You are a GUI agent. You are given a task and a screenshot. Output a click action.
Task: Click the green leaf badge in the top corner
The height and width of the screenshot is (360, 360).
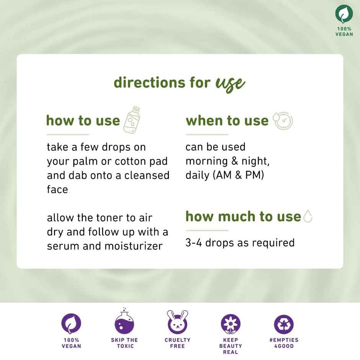(x=344, y=14)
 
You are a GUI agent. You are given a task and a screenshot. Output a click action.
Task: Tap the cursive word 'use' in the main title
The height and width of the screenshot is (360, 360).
(x=230, y=84)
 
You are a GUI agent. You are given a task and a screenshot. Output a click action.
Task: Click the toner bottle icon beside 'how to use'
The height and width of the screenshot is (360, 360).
(x=132, y=120)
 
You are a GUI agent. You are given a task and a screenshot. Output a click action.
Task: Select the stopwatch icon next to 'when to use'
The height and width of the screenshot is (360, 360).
(x=283, y=121)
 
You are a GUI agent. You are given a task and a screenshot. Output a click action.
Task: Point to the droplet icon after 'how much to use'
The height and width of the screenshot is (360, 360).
(x=308, y=216)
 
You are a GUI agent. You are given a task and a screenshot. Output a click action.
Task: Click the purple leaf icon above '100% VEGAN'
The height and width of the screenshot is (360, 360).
(x=71, y=323)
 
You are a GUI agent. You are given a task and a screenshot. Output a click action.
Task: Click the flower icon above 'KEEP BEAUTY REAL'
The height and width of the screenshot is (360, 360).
(x=231, y=324)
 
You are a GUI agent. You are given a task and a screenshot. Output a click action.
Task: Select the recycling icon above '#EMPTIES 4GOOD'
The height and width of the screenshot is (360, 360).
(x=284, y=324)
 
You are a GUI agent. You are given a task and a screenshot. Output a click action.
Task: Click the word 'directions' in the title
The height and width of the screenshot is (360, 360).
(x=149, y=82)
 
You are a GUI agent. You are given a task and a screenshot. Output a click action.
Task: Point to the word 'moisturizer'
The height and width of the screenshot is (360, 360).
(x=134, y=246)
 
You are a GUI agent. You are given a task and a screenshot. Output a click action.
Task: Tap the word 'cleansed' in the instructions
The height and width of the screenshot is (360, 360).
(x=147, y=175)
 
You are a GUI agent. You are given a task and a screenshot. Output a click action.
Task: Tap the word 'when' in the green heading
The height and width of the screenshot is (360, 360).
(x=205, y=121)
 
